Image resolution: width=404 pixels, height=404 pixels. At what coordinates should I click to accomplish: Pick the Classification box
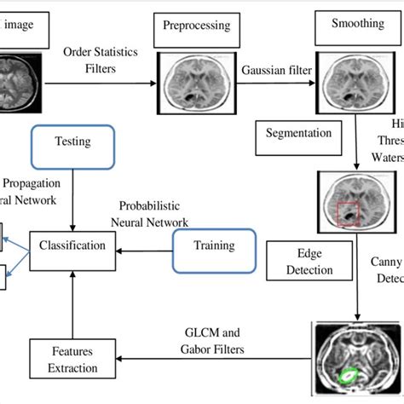[x=72, y=245]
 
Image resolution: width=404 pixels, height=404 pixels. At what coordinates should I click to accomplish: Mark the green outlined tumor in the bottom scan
[x=349, y=372]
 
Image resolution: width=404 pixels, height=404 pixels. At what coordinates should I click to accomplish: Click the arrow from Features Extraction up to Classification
[x=72, y=298]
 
